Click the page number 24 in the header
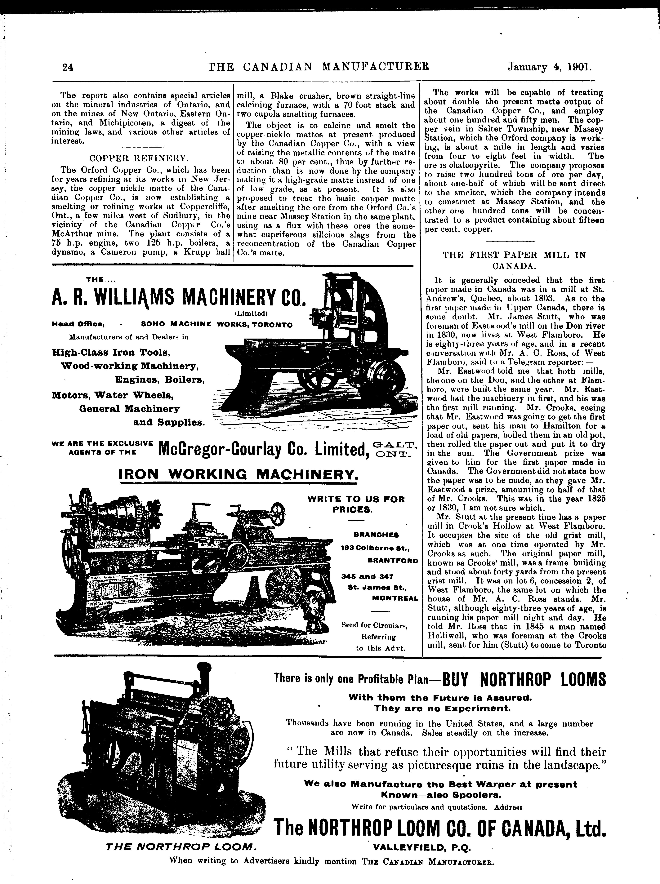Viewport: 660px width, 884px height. [68, 67]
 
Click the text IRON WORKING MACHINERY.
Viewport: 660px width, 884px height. [239, 474]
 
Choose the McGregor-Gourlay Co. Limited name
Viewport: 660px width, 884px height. [263, 449]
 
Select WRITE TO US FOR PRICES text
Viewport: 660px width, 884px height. [356, 504]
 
